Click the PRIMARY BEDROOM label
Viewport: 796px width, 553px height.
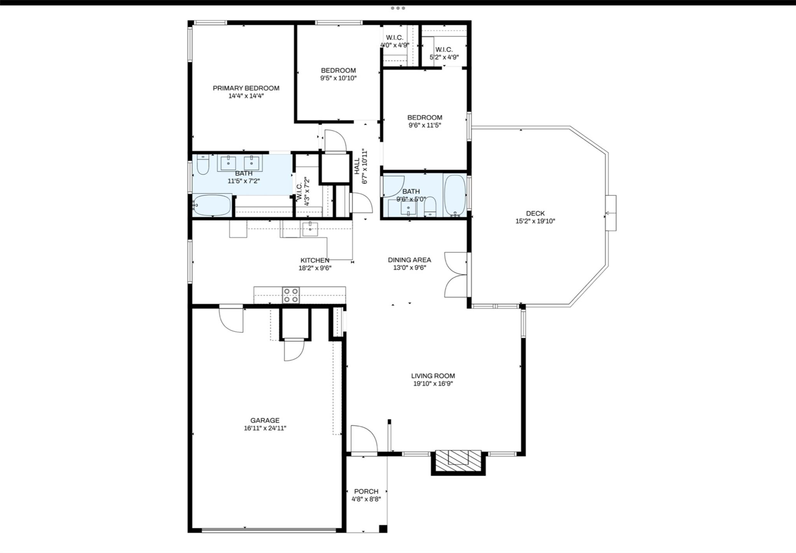pos(246,88)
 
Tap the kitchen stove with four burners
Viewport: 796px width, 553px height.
pos(291,295)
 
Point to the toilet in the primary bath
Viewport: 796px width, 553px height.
pos(202,165)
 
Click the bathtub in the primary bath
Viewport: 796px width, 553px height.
pos(212,206)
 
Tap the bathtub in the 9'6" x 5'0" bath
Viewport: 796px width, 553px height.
pos(454,195)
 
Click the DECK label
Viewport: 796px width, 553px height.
pos(535,213)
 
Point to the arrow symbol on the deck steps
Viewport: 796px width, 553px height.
pos(607,213)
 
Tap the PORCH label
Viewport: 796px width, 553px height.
pos(366,491)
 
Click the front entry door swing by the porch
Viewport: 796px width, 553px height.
pos(363,439)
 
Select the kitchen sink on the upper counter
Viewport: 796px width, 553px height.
pos(310,229)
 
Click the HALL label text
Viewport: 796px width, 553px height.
pos(356,166)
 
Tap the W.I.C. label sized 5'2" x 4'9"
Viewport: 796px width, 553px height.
pos(443,50)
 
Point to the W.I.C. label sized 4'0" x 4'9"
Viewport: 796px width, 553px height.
pos(394,38)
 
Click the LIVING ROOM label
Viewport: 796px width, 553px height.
pos(433,376)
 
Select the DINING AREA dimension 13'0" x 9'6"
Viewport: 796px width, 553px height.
pos(409,267)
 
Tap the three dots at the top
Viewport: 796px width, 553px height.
pos(398,8)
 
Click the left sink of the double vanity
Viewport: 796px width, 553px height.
pos(228,163)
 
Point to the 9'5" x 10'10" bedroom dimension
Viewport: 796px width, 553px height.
pos(338,78)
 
